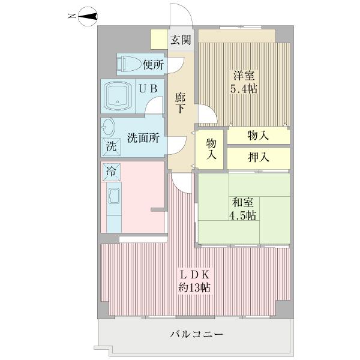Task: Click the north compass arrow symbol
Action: pos(86,19)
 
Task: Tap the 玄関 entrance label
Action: pos(180,41)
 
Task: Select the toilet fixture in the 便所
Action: pos(128,62)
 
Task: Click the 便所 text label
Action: pos(153,63)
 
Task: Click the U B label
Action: pos(148,88)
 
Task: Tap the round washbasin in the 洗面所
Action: pos(109,128)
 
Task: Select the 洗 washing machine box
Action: pos(110,146)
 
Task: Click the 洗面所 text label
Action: pos(143,138)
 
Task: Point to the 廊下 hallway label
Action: pos(180,103)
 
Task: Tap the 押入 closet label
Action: pos(258,157)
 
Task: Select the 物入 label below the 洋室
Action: pos(258,136)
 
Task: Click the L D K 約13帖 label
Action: pos(194,280)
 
